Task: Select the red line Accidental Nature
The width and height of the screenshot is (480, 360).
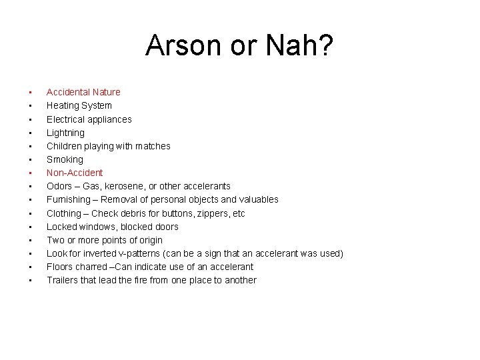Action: pyautogui.click(x=83, y=92)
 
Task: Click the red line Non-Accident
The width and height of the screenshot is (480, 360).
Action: pyautogui.click(x=75, y=173)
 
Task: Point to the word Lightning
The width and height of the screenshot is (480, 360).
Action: pyautogui.click(x=65, y=133)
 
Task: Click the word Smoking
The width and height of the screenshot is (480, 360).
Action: pyautogui.click(x=65, y=159)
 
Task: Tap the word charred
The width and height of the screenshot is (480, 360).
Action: pyautogui.click(x=87, y=267)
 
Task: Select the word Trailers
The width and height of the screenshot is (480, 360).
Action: pyautogui.click(x=63, y=280)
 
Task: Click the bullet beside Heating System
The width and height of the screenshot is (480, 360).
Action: pyautogui.click(x=31, y=106)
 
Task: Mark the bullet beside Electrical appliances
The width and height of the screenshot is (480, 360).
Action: pyautogui.click(x=31, y=119)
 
